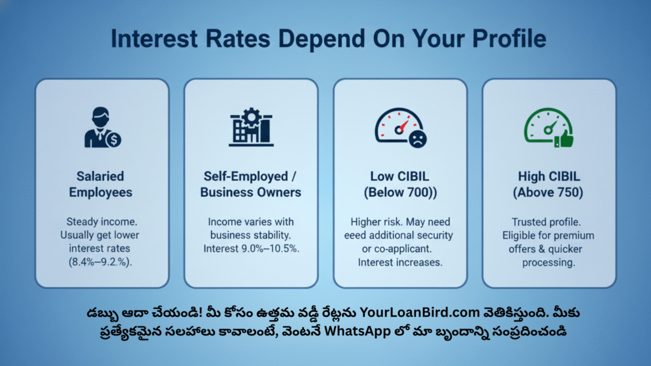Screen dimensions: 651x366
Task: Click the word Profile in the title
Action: pos(509,39)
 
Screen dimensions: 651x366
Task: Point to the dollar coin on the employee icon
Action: pos(113,139)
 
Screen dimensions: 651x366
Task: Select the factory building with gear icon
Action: pos(251,127)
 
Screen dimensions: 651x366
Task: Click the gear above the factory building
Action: pos(251,117)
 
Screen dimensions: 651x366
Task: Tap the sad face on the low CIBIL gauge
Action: pos(417,139)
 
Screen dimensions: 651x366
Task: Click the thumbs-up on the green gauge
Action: pos(565,139)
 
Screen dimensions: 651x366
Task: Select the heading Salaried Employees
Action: pos(100,184)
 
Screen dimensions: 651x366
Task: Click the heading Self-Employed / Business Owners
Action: pos(250,184)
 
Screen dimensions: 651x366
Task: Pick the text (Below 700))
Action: pos(401,193)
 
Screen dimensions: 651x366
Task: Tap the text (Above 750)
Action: pos(548,193)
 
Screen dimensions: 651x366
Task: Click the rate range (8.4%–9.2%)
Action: pos(100,262)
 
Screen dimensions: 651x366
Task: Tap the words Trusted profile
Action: pos(546,222)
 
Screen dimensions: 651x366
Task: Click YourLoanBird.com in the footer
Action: pos(420,312)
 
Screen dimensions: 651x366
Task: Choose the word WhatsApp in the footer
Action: pos(357,331)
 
